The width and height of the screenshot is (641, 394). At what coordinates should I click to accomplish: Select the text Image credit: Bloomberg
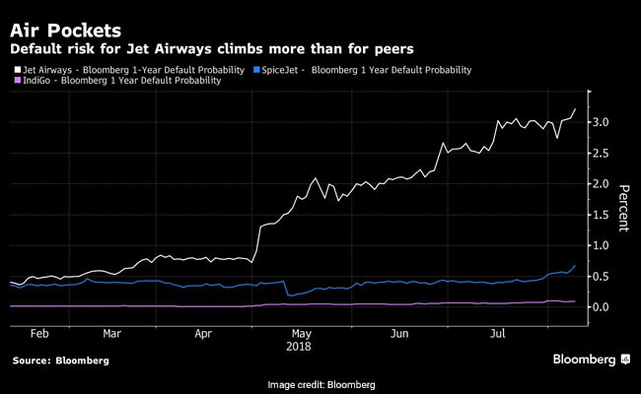pos(320,383)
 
